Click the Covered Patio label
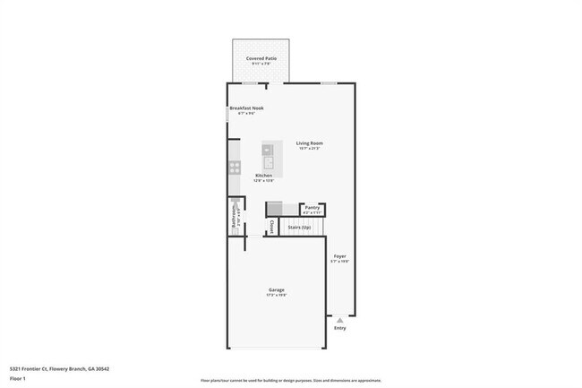[261, 58]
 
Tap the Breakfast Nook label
[246, 108]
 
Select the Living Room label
[310, 143]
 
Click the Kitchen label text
[263, 175]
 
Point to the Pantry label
[312, 207]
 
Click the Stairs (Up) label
[299, 228]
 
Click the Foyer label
[340, 256]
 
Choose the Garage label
[277, 289]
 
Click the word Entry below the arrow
[339, 328]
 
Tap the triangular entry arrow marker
[339, 319]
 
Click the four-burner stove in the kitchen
[235, 167]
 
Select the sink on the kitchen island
[268, 162]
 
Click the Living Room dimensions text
[310, 149]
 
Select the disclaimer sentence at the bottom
[290, 380]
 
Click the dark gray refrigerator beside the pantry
[275, 207]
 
